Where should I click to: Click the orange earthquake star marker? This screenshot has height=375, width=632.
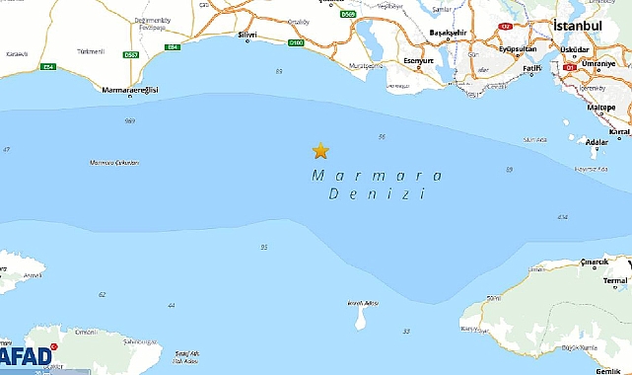(x=320, y=150)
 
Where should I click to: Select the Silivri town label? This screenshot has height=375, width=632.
(x=246, y=35)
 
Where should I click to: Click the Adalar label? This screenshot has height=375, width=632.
(x=597, y=142)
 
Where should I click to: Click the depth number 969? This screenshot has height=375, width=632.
(x=130, y=120)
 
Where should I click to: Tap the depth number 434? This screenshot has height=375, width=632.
(x=563, y=217)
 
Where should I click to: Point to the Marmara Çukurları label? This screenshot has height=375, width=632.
(x=114, y=162)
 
